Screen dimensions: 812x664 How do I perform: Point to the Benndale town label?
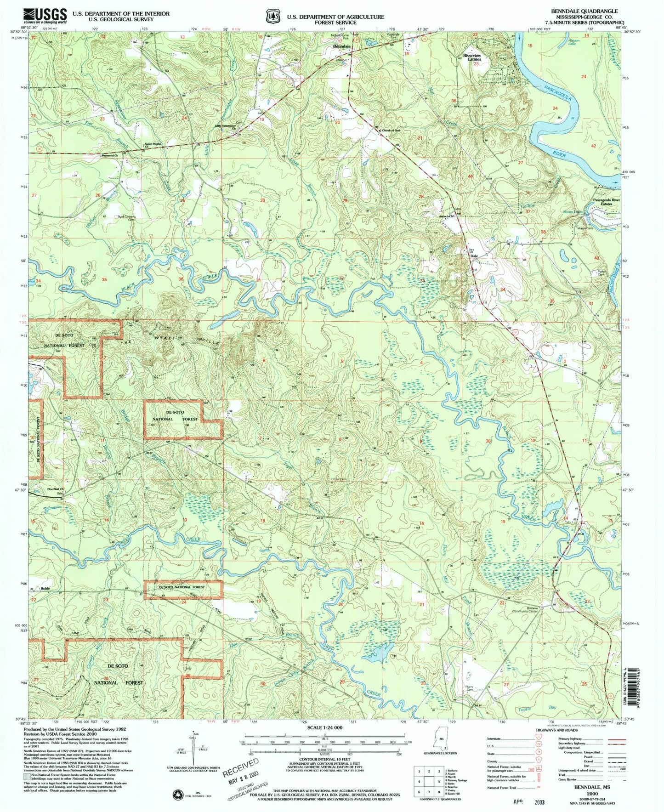342,47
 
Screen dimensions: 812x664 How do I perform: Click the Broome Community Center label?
525,609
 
